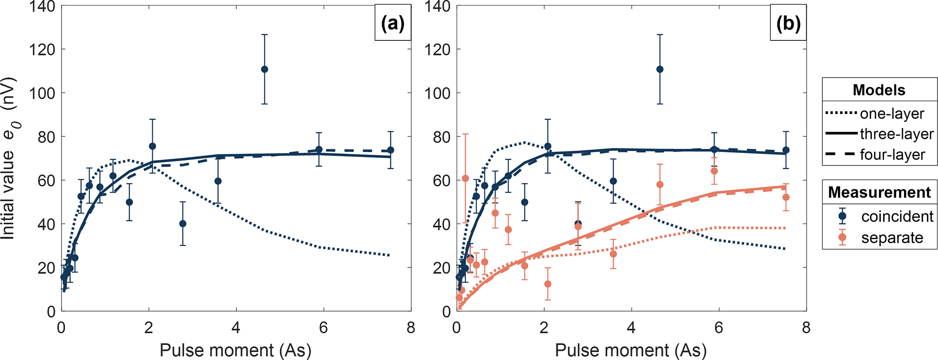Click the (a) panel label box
[x=393, y=23]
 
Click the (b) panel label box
[x=788, y=23]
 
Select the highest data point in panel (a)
[x=265, y=69]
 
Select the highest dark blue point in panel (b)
[x=660, y=69]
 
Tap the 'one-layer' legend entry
[x=892, y=113]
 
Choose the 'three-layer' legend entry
[x=896, y=134]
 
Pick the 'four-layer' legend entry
[x=892, y=155]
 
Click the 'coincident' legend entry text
[x=897, y=217]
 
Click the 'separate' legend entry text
[x=892, y=238]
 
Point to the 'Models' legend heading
[x=879, y=90]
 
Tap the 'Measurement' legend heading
[x=879, y=192]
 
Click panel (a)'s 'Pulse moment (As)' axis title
[x=236, y=350]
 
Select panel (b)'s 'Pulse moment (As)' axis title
[x=631, y=350]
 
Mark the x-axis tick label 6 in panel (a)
[x=323, y=328]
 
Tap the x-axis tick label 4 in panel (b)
[x=631, y=328]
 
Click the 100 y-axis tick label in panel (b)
[x=437, y=93]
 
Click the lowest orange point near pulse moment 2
[x=548, y=284]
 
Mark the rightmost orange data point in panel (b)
[x=786, y=197]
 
